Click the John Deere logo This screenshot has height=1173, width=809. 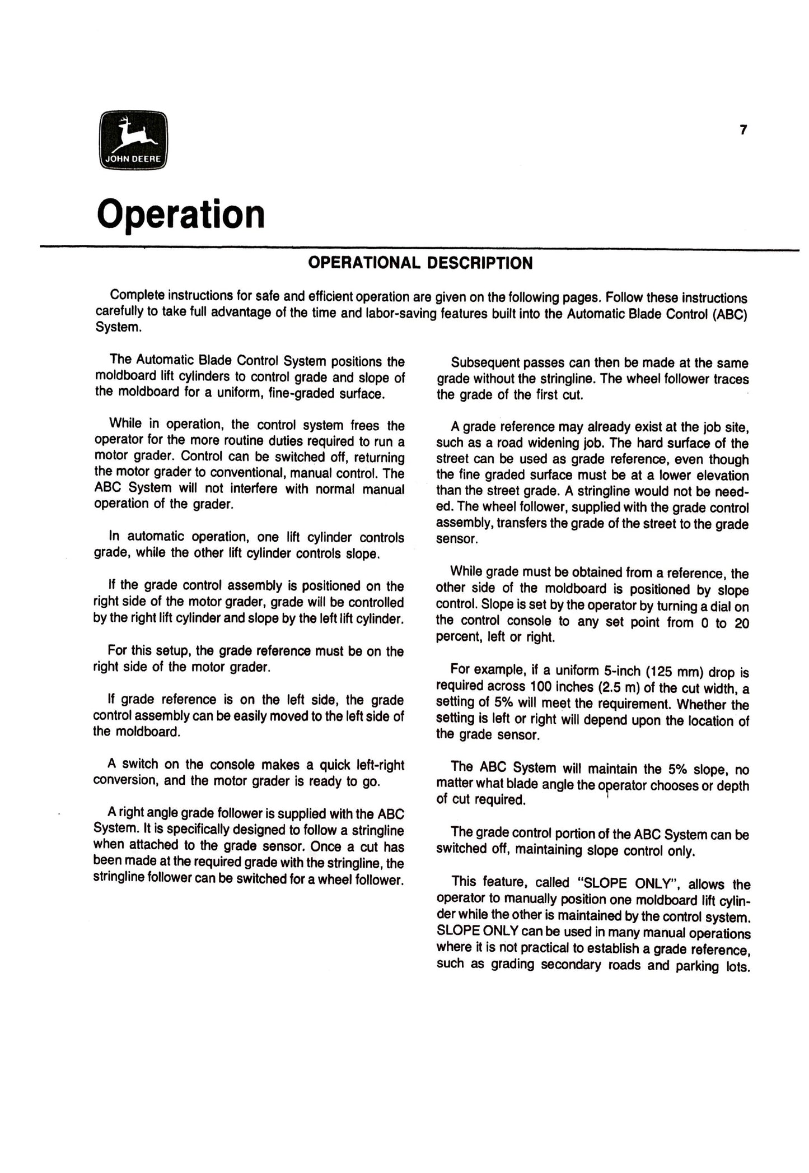click(133, 139)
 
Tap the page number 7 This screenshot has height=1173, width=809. click(743, 130)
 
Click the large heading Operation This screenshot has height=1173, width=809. click(180, 215)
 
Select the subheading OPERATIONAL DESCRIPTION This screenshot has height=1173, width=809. click(420, 263)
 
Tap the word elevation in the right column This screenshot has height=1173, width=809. click(719, 476)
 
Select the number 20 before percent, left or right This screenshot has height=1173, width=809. click(741, 622)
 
